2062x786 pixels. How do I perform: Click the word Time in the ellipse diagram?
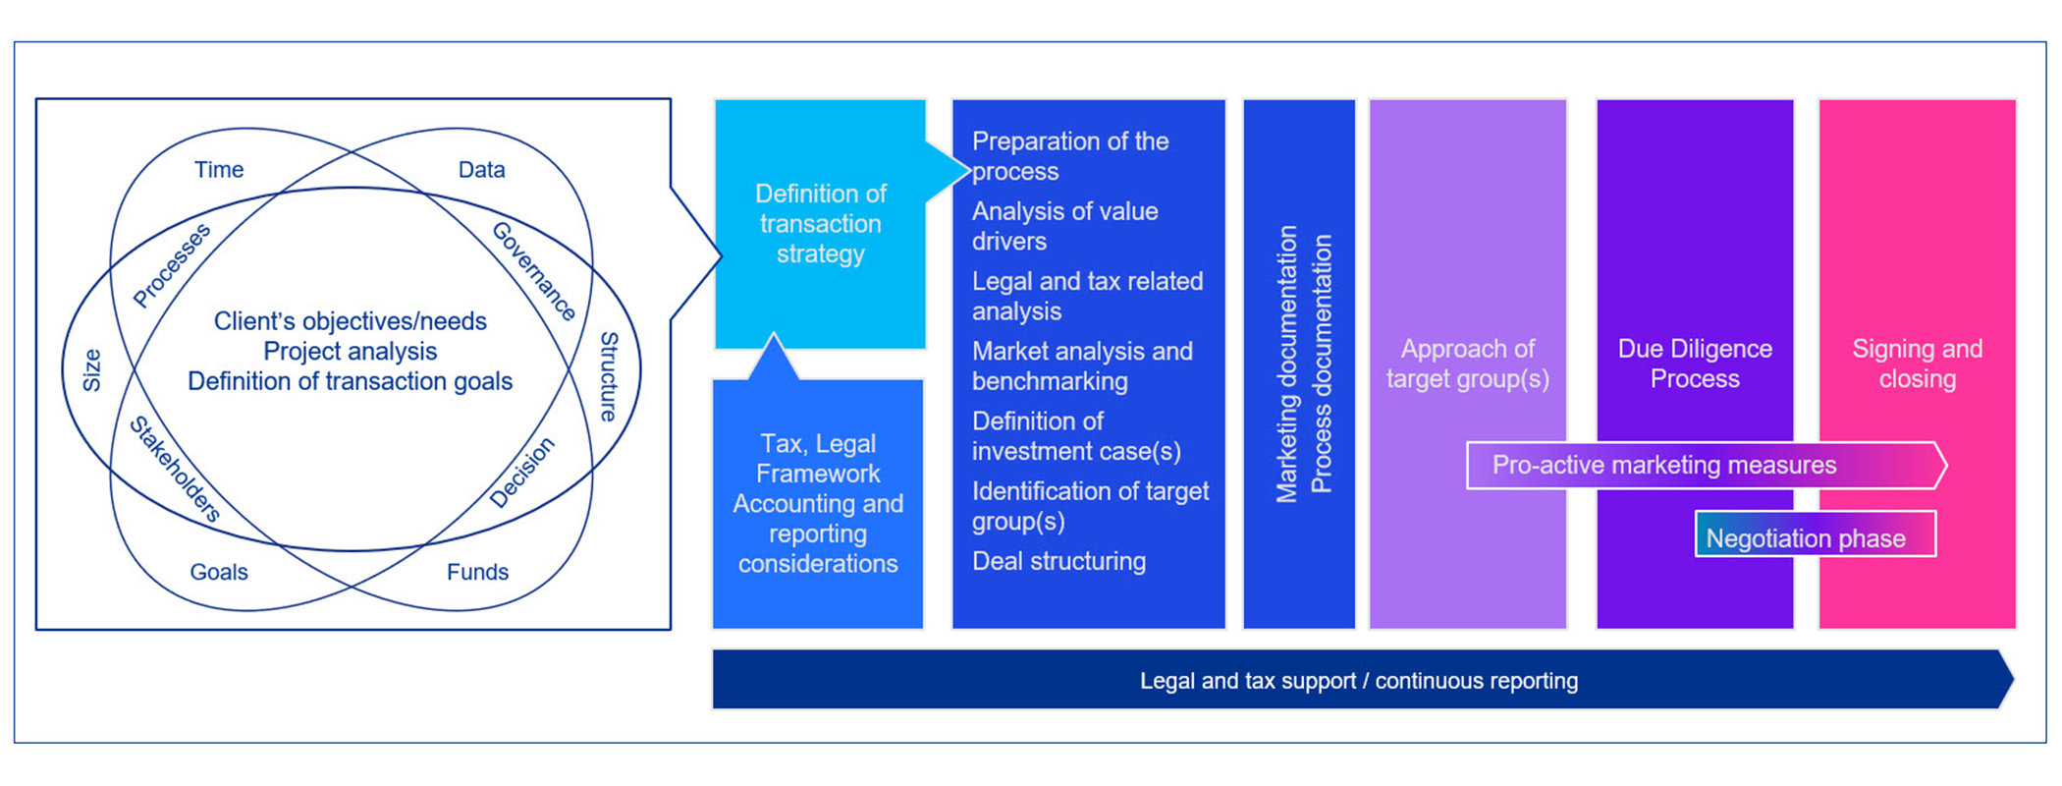tap(218, 170)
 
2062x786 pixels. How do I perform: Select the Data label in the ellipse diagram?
tap(481, 170)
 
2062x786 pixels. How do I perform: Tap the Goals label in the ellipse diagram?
tap(218, 572)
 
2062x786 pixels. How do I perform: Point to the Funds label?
tap(477, 572)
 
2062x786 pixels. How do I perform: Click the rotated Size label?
tap(91, 370)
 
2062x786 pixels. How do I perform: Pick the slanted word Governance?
tap(533, 271)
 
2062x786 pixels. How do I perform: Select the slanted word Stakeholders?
tap(175, 468)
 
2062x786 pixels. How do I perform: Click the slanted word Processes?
tap(172, 265)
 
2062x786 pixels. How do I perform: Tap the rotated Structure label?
tap(609, 376)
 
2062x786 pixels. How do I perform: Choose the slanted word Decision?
tap(521, 473)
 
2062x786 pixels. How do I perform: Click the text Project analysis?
tap(350, 351)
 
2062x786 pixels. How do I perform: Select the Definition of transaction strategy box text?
tap(820, 224)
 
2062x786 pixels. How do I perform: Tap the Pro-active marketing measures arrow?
tap(1664, 465)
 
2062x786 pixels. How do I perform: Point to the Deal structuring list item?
tap(1058, 561)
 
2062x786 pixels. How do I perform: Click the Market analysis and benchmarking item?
tap(1082, 366)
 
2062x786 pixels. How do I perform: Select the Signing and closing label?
tap(1917, 364)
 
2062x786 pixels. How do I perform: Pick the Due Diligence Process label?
tap(1695, 364)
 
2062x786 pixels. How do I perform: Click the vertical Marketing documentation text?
tap(1286, 365)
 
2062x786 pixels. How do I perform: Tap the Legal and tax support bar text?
tap(1359, 681)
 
